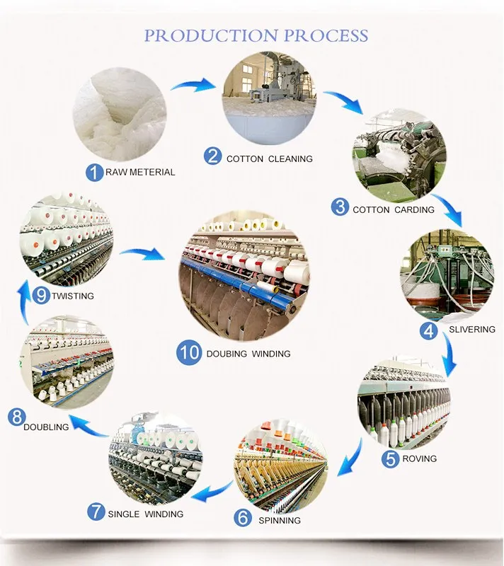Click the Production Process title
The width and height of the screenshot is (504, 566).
pos(256,35)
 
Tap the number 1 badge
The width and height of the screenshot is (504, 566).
pos(93,171)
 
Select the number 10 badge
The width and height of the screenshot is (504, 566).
pos(190,353)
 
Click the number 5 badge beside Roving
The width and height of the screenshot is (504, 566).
pos(390,458)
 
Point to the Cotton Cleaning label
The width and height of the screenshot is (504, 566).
pos(269,159)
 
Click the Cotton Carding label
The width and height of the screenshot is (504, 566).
pos(394,210)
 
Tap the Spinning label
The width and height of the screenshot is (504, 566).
pos(279,520)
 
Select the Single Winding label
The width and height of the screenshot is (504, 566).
pos(145,514)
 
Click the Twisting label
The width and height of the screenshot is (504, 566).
pos(72,295)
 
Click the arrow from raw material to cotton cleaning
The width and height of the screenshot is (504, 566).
pos(193,86)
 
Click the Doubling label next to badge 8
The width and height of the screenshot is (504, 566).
pos(46,427)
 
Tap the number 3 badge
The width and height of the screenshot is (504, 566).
pos(340,207)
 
